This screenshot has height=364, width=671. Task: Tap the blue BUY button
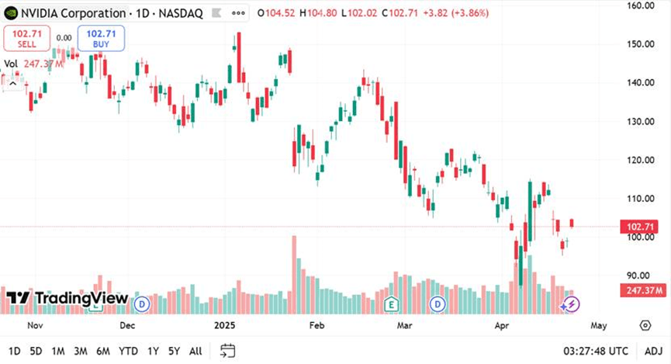click(x=101, y=38)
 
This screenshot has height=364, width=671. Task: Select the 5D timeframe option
click(x=36, y=351)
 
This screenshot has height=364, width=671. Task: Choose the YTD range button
click(x=128, y=351)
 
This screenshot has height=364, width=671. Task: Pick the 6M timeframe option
click(x=102, y=351)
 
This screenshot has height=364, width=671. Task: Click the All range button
click(x=195, y=351)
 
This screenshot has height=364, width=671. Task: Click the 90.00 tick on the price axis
click(x=640, y=276)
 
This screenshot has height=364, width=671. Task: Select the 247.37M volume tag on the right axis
click(x=642, y=290)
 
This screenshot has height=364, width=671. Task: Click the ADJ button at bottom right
click(x=653, y=351)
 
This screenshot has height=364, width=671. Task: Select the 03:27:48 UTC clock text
click(x=596, y=351)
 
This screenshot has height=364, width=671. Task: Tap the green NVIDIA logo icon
click(x=12, y=13)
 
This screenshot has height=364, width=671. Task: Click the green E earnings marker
click(x=392, y=303)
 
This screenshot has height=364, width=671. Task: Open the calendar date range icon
click(x=227, y=351)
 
